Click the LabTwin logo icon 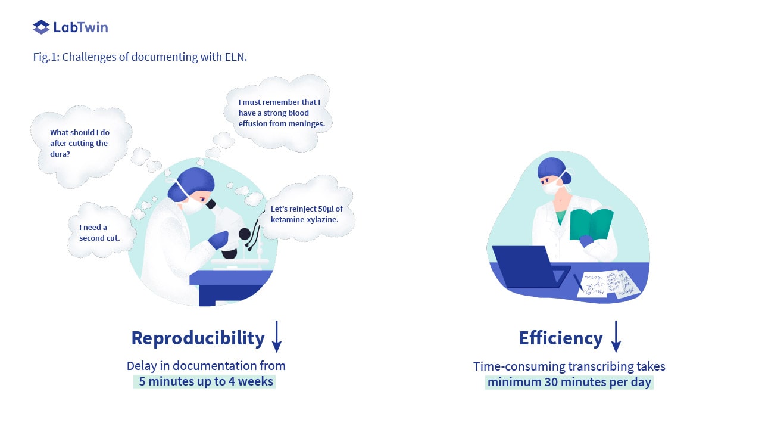pyautogui.click(x=41, y=27)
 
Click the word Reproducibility pyautogui.click(x=198, y=338)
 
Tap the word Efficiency pyautogui.click(x=561, y=338)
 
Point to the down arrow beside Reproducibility pyautogui.click(x=277, y=336)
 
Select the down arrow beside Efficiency pyautogui.click(x=616, y=336)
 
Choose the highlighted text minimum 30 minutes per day pyautogui.click(x=569, y=382)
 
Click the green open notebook pyautogui.click(x=591, y=225)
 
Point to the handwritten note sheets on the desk pyautogui.click(x=609, y=284)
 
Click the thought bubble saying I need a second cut pyautogui.click(x=101, y=231)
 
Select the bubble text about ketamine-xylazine pyautogui.click(x=307, y=214)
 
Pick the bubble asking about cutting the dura pyautogui.click(x=81, y=147)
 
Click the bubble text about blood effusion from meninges pyautogui.click(x=282, y=113)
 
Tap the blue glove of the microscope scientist pyautogui.click(x=218, y=239)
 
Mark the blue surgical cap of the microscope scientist pyautogui.click(x=196, y=182)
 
